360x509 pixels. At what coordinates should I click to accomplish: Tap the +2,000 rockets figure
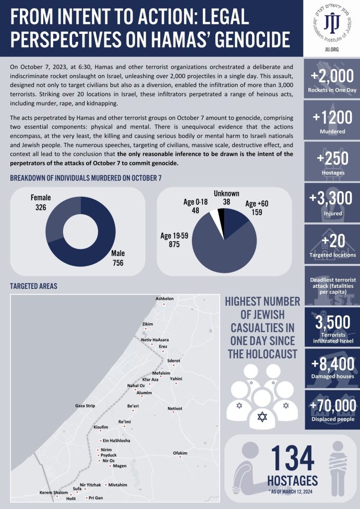(x=332, y=77)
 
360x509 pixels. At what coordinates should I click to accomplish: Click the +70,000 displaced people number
(x=332, y=406)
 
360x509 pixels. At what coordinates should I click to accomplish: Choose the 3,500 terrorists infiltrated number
(x=332, y=324)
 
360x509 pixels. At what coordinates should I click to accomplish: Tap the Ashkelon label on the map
(x=165, y=299)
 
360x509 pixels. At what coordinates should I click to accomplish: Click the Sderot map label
(x=174, y=360)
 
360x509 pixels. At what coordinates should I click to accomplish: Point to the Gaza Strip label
(x=85, y=406)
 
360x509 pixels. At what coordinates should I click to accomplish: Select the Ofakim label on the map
(x=180, y=453)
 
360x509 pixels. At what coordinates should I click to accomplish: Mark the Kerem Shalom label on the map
(x=53, y=493)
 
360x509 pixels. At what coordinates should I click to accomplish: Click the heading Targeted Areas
(x=34, y=286)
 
